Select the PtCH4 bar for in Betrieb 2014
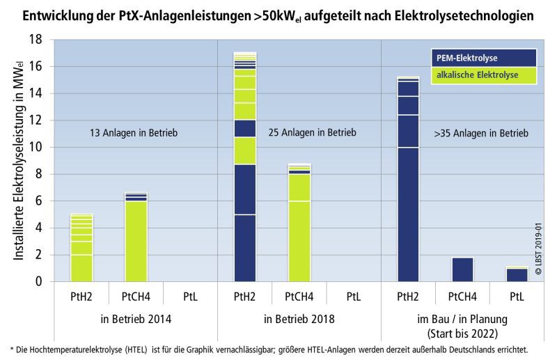pos(136,237)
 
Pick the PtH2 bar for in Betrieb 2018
pos(245,167)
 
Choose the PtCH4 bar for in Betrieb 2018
pos(299,223)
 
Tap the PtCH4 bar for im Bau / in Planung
pos(463,269)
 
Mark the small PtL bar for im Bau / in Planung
pos(517,274)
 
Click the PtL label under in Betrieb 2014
pos(190,296)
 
